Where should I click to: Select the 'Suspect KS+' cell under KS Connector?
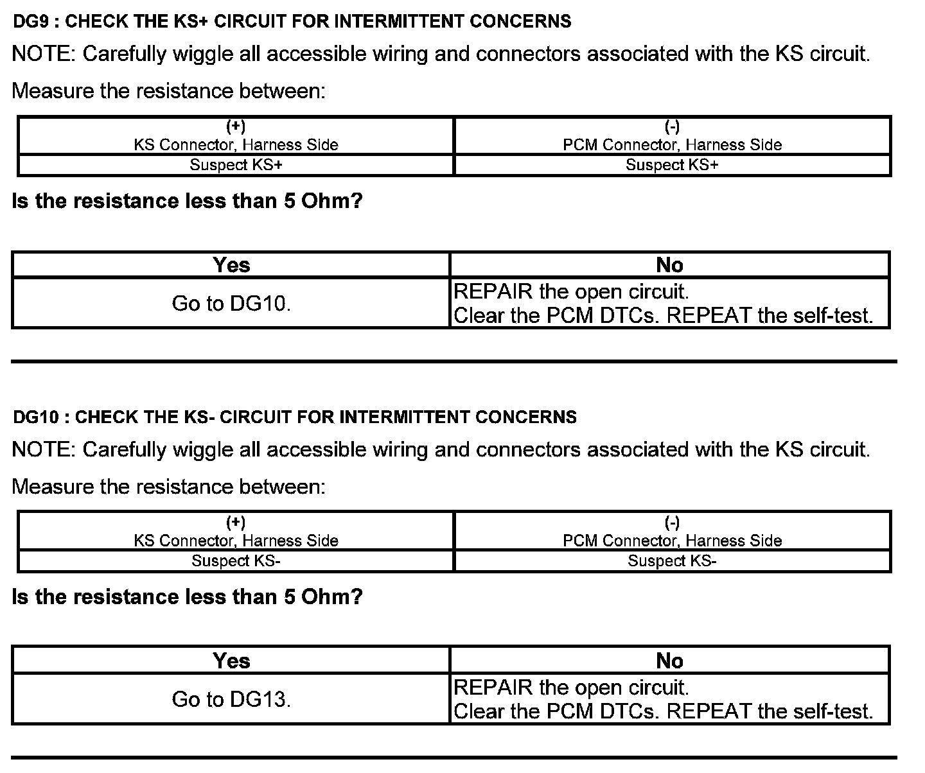coord(236,165)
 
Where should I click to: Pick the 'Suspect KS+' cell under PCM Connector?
coord(672,165)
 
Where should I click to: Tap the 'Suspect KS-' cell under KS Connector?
coord(236,561)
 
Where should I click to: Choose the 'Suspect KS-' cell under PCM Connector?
coord(672,561)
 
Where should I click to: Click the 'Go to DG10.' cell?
coord(231,304)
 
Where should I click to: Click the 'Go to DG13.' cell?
coord(231,700)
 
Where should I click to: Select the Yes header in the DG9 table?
coord(231,265)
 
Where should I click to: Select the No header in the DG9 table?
coord(669,265)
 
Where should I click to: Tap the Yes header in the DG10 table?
coord(231,661)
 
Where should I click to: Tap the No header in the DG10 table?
coord(669,661)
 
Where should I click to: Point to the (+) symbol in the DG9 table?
coord(236,126)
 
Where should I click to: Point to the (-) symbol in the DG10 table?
coord(672,523)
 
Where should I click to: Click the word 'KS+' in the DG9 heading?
coord(190,22)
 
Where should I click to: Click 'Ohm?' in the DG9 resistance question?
coord(332,202)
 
